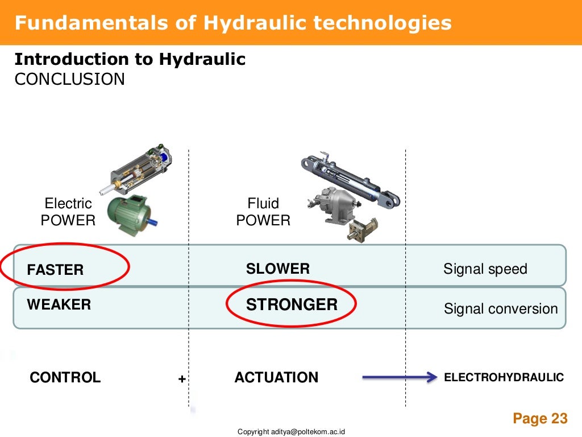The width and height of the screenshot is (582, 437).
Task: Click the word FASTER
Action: point(55,270)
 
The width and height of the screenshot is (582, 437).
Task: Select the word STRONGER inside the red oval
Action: point(292,305)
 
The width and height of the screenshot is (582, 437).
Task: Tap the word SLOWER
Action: point(278,269)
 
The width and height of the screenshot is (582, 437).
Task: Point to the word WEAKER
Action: point(59,304)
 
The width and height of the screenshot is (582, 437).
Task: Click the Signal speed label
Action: point(485,269)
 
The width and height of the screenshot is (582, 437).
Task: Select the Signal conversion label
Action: point(501,309)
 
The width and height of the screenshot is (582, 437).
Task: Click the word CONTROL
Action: point(65,377)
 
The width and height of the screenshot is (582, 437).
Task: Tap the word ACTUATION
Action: point(276,377)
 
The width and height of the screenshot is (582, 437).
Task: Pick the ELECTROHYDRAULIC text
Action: point(504,377)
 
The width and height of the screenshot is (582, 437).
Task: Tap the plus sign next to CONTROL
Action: point(182,379)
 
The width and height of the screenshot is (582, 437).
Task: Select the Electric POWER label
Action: point(68,212)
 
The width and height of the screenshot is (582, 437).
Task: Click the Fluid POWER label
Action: point(263,212)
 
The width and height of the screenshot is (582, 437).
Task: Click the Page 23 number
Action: point(539,419)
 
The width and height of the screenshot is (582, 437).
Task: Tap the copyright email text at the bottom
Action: point(292,432)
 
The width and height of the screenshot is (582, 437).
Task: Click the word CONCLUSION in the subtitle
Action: point(69,79)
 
